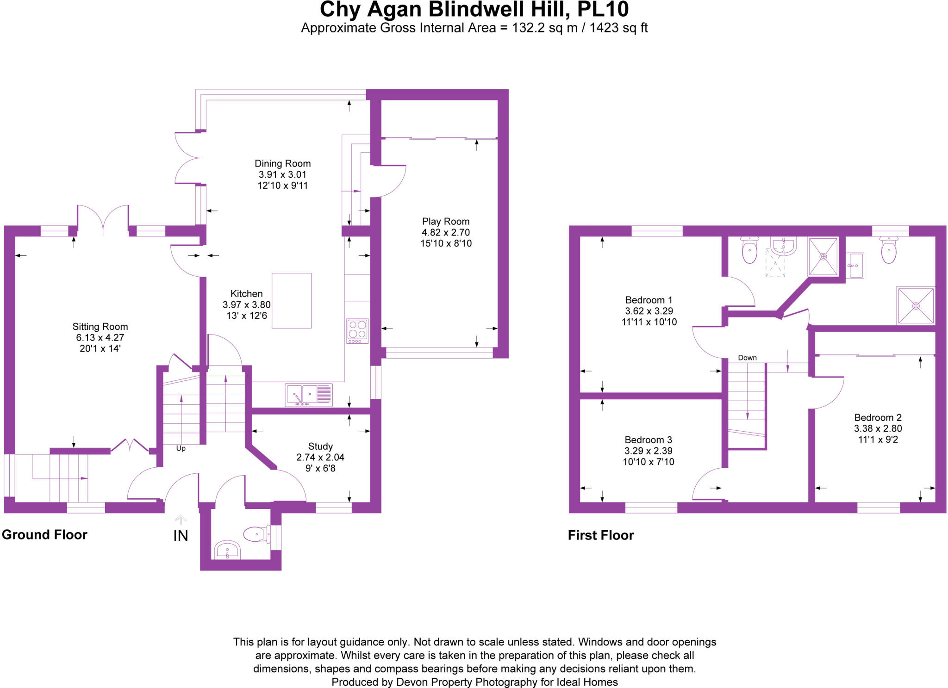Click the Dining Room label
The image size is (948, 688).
pos(282,163)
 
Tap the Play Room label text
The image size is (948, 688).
pos(445,222)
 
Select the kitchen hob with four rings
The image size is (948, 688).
pos(357,331)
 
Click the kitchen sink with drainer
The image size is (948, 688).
pos(309,395)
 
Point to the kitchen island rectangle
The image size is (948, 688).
pos(291,301)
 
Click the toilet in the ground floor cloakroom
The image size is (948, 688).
pos(256,534)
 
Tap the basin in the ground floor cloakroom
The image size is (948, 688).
pos(227,550)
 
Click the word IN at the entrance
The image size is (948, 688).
pos(181,536)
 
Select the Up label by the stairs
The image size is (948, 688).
pos(181,448)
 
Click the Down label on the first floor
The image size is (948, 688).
pos(747,358)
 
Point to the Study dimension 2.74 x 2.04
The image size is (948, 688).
pos(320,457)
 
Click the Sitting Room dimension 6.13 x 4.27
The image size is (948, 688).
pos(100,338)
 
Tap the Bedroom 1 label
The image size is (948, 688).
pos(649,300)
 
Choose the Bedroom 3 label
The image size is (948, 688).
pos(648,440)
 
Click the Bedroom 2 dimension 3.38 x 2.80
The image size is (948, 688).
pos(878,428)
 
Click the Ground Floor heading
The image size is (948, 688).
pos(44,535)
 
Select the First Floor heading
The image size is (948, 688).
pos(600,535)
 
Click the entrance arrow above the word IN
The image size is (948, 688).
pos(181,519)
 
